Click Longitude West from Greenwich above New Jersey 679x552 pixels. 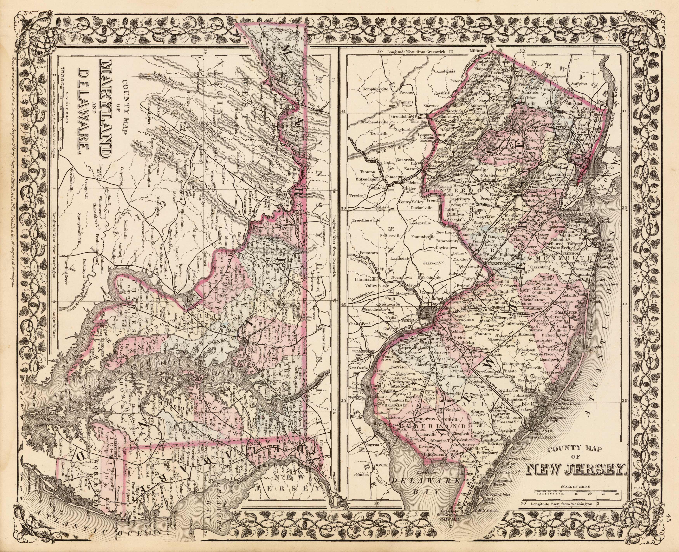coord(413,51)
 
